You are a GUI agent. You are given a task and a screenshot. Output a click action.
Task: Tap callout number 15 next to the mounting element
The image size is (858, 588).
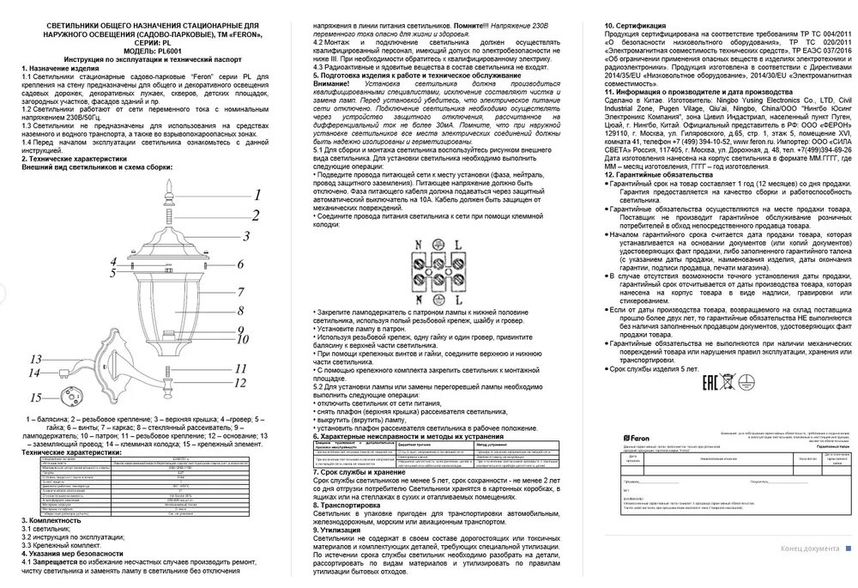coord(34,398)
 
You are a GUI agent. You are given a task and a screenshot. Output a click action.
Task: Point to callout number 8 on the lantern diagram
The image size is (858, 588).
coord(243,310)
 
